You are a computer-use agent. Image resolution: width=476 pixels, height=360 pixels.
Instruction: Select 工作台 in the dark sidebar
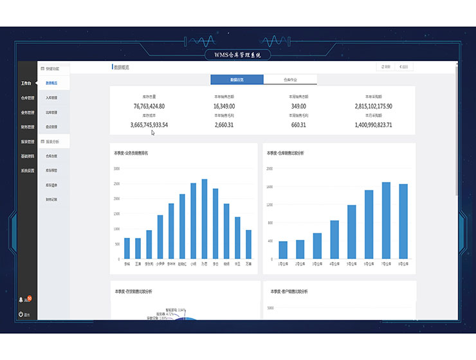pos(26,84)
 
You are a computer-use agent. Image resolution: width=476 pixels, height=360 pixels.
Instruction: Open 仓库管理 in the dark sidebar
pos(27,98)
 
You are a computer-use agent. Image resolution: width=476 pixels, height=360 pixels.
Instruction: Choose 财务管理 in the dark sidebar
pos(27,127)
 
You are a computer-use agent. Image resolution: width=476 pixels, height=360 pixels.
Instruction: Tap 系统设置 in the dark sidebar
pos(27,170)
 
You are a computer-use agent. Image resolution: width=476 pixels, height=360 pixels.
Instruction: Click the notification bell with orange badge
pos(22,300)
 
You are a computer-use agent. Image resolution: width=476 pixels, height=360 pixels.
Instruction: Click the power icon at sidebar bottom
pos(21,314)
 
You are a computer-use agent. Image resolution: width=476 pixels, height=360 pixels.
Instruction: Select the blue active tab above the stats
pos(237,80)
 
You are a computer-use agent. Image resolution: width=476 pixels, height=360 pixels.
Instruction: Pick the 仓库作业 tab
pos(290,80)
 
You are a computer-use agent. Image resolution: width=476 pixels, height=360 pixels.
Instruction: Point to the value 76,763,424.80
pos(149,106)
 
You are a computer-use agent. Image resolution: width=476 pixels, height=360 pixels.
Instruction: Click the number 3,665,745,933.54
pos(149,125)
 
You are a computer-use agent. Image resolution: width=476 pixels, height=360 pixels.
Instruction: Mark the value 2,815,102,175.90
pos(373,106)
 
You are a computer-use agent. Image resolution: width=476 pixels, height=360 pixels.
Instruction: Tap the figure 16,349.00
pos(224,106)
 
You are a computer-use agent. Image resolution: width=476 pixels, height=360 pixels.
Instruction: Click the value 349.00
pos(298,106)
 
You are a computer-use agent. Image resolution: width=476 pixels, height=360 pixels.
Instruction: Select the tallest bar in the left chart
pos(205,219)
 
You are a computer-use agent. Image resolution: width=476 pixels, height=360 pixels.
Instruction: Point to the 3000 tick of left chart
pos(116,168)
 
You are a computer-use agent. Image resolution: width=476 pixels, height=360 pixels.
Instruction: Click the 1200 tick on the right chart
pos(270,205)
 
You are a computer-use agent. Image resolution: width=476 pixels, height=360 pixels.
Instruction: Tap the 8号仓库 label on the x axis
pos(403,264)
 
